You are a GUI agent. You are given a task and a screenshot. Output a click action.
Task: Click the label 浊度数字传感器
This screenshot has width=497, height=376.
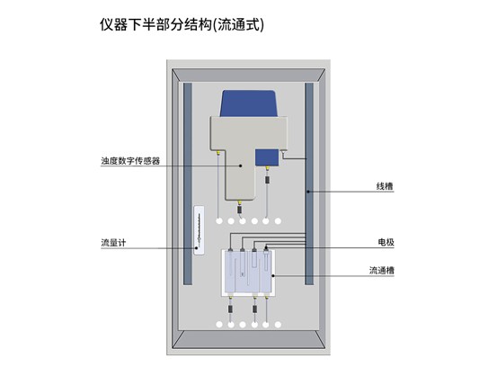130,161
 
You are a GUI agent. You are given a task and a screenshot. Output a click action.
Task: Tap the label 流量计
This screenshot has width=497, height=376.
113,243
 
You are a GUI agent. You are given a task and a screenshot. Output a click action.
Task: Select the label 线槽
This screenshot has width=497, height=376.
385,186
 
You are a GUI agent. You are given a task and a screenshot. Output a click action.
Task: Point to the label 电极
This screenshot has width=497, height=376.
386,242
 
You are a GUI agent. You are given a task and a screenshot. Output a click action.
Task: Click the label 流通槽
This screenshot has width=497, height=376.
382,271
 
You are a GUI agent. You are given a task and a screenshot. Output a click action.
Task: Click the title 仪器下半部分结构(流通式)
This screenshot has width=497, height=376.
182,24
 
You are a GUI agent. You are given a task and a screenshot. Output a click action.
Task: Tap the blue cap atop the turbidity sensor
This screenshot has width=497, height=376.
249,103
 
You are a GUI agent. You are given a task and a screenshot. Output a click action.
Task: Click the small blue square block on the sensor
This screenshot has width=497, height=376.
267,157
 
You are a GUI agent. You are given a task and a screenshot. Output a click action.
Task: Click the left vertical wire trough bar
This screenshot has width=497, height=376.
188,184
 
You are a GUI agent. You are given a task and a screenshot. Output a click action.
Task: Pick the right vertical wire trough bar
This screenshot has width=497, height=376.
309,184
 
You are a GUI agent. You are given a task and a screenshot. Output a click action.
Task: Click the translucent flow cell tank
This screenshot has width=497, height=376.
248,273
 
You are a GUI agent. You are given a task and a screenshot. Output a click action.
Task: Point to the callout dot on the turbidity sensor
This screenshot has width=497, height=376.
240,166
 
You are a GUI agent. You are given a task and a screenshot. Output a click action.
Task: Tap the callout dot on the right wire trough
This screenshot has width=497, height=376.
308,192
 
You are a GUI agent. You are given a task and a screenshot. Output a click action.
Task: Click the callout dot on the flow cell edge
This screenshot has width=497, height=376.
273,276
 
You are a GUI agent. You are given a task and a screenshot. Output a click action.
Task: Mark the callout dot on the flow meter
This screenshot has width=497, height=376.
197,248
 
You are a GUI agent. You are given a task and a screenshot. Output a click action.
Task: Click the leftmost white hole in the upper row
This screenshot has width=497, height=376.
219,221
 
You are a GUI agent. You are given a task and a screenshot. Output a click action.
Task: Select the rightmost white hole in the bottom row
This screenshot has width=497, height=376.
278,325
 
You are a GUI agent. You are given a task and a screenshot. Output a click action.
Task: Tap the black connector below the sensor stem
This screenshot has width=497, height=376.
240,209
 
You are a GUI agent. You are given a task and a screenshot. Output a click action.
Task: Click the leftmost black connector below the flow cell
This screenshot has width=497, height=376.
230,309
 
